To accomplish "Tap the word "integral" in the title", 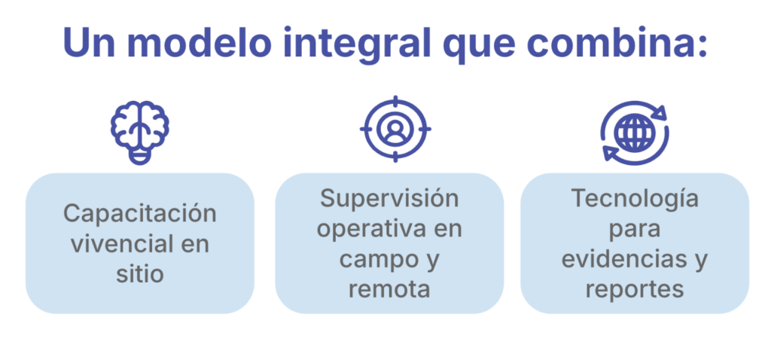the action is [357, 45].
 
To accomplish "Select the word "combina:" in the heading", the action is [617, 43].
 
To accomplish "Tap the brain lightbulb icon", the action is [140, 133].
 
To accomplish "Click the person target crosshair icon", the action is [395, 129].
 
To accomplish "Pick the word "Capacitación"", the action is [140, 215].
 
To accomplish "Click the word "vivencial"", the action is [122, 245].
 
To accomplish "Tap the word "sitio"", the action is [140, 274].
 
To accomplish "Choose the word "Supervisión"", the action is [389, 199].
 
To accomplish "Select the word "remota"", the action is [389, 290].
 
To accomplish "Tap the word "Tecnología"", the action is [634, 199].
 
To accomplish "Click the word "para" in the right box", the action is [634, 230].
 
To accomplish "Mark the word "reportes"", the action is [634, 290].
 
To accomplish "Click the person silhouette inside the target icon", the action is [395, 130].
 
